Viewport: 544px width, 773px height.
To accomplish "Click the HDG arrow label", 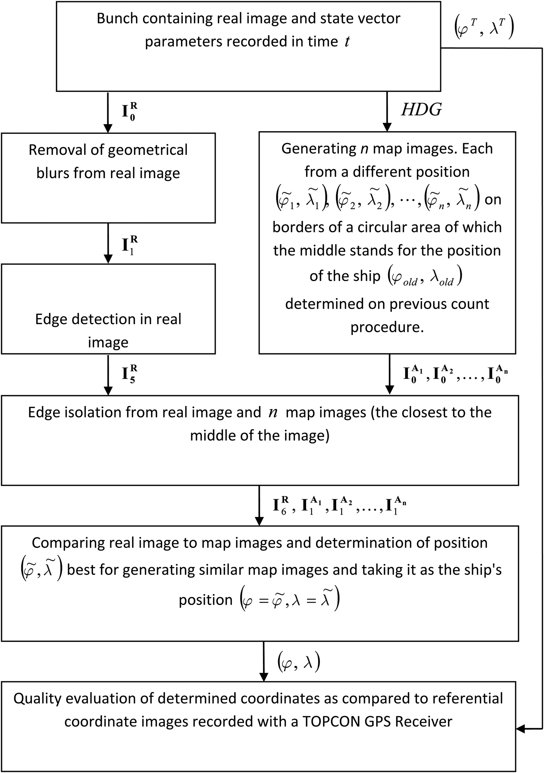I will tap(422, 110).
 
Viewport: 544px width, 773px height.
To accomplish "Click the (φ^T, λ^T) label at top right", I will tap(484, 29).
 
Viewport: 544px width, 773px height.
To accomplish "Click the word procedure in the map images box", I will tap(387, 327).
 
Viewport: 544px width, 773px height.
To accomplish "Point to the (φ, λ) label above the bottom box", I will tap(298, 663).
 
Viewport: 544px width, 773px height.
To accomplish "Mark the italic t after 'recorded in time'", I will tap(347, 42).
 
